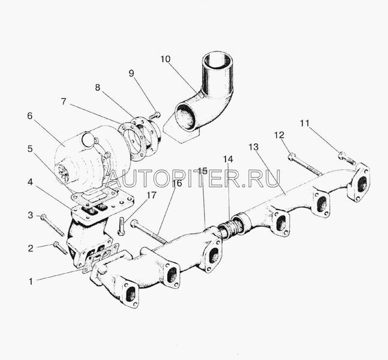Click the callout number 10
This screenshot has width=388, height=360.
pos(166,59)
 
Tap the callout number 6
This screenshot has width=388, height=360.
pos(30,116)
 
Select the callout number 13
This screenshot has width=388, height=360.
pos(254,147)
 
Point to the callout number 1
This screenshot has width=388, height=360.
pos(31,281)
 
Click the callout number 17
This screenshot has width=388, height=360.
pos(152,195)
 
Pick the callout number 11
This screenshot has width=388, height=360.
pos(305,123)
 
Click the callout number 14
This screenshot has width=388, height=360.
pos(228,159)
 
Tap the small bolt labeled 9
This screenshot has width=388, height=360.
pos(155,115)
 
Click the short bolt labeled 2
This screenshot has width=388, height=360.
pos(60,248)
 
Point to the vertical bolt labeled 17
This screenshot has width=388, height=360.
pos(122,226)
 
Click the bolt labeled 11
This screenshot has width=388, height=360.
pos(347,158)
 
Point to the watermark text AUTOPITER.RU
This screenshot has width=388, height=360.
pos(194,178)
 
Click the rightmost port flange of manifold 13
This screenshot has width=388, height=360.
pos(359,183)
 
